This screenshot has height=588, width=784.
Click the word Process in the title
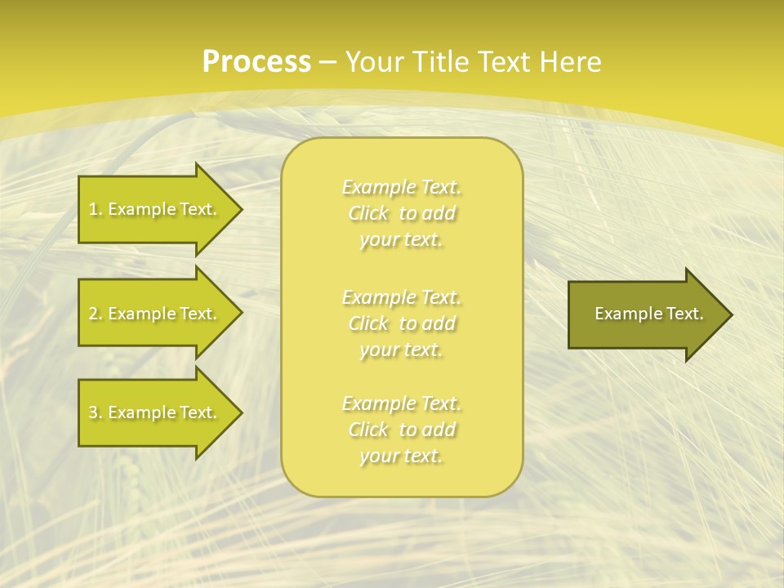click(x=256, y=62)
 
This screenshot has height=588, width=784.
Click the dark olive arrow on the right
click(x=645, y=314)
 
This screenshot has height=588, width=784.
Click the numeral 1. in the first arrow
click(x=96, y=209)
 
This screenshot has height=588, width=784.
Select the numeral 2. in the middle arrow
click(x=96, y=314)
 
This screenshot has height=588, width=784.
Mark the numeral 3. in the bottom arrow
click(x=96, y=412)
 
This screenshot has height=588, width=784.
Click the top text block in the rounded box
click(x=401, y=213)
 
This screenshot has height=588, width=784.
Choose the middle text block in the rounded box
click(x=401, y=323)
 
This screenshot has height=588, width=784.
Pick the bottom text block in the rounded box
click(x=401, y=430)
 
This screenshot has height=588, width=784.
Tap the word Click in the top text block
click(x=369, y=213)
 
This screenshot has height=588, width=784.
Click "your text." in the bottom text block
click(x=401, y=456)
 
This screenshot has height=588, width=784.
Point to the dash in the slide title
click(x=327, y=62)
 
